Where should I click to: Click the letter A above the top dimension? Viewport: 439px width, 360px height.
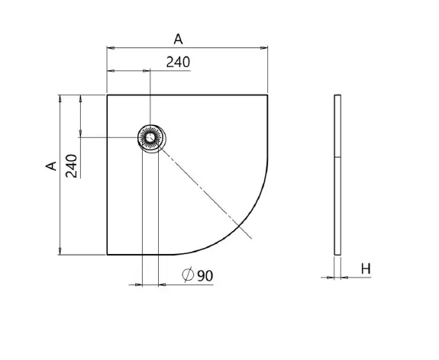coord(179,39)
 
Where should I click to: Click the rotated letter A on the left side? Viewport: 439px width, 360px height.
coord(51,166)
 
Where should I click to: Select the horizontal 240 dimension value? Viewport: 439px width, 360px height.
coord(178,62)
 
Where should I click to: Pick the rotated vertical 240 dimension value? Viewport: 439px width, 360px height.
coord(72,166)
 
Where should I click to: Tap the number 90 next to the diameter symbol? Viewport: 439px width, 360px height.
coord(205,276)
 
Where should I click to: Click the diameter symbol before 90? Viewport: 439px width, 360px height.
coord(188,275)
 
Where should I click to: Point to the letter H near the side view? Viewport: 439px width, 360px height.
coord(366,268)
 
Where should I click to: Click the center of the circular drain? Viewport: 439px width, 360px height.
coord(150,137)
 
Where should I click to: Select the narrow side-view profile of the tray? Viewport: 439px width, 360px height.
coord(337,175)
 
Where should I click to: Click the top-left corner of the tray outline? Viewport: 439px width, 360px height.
coord(107,95)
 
